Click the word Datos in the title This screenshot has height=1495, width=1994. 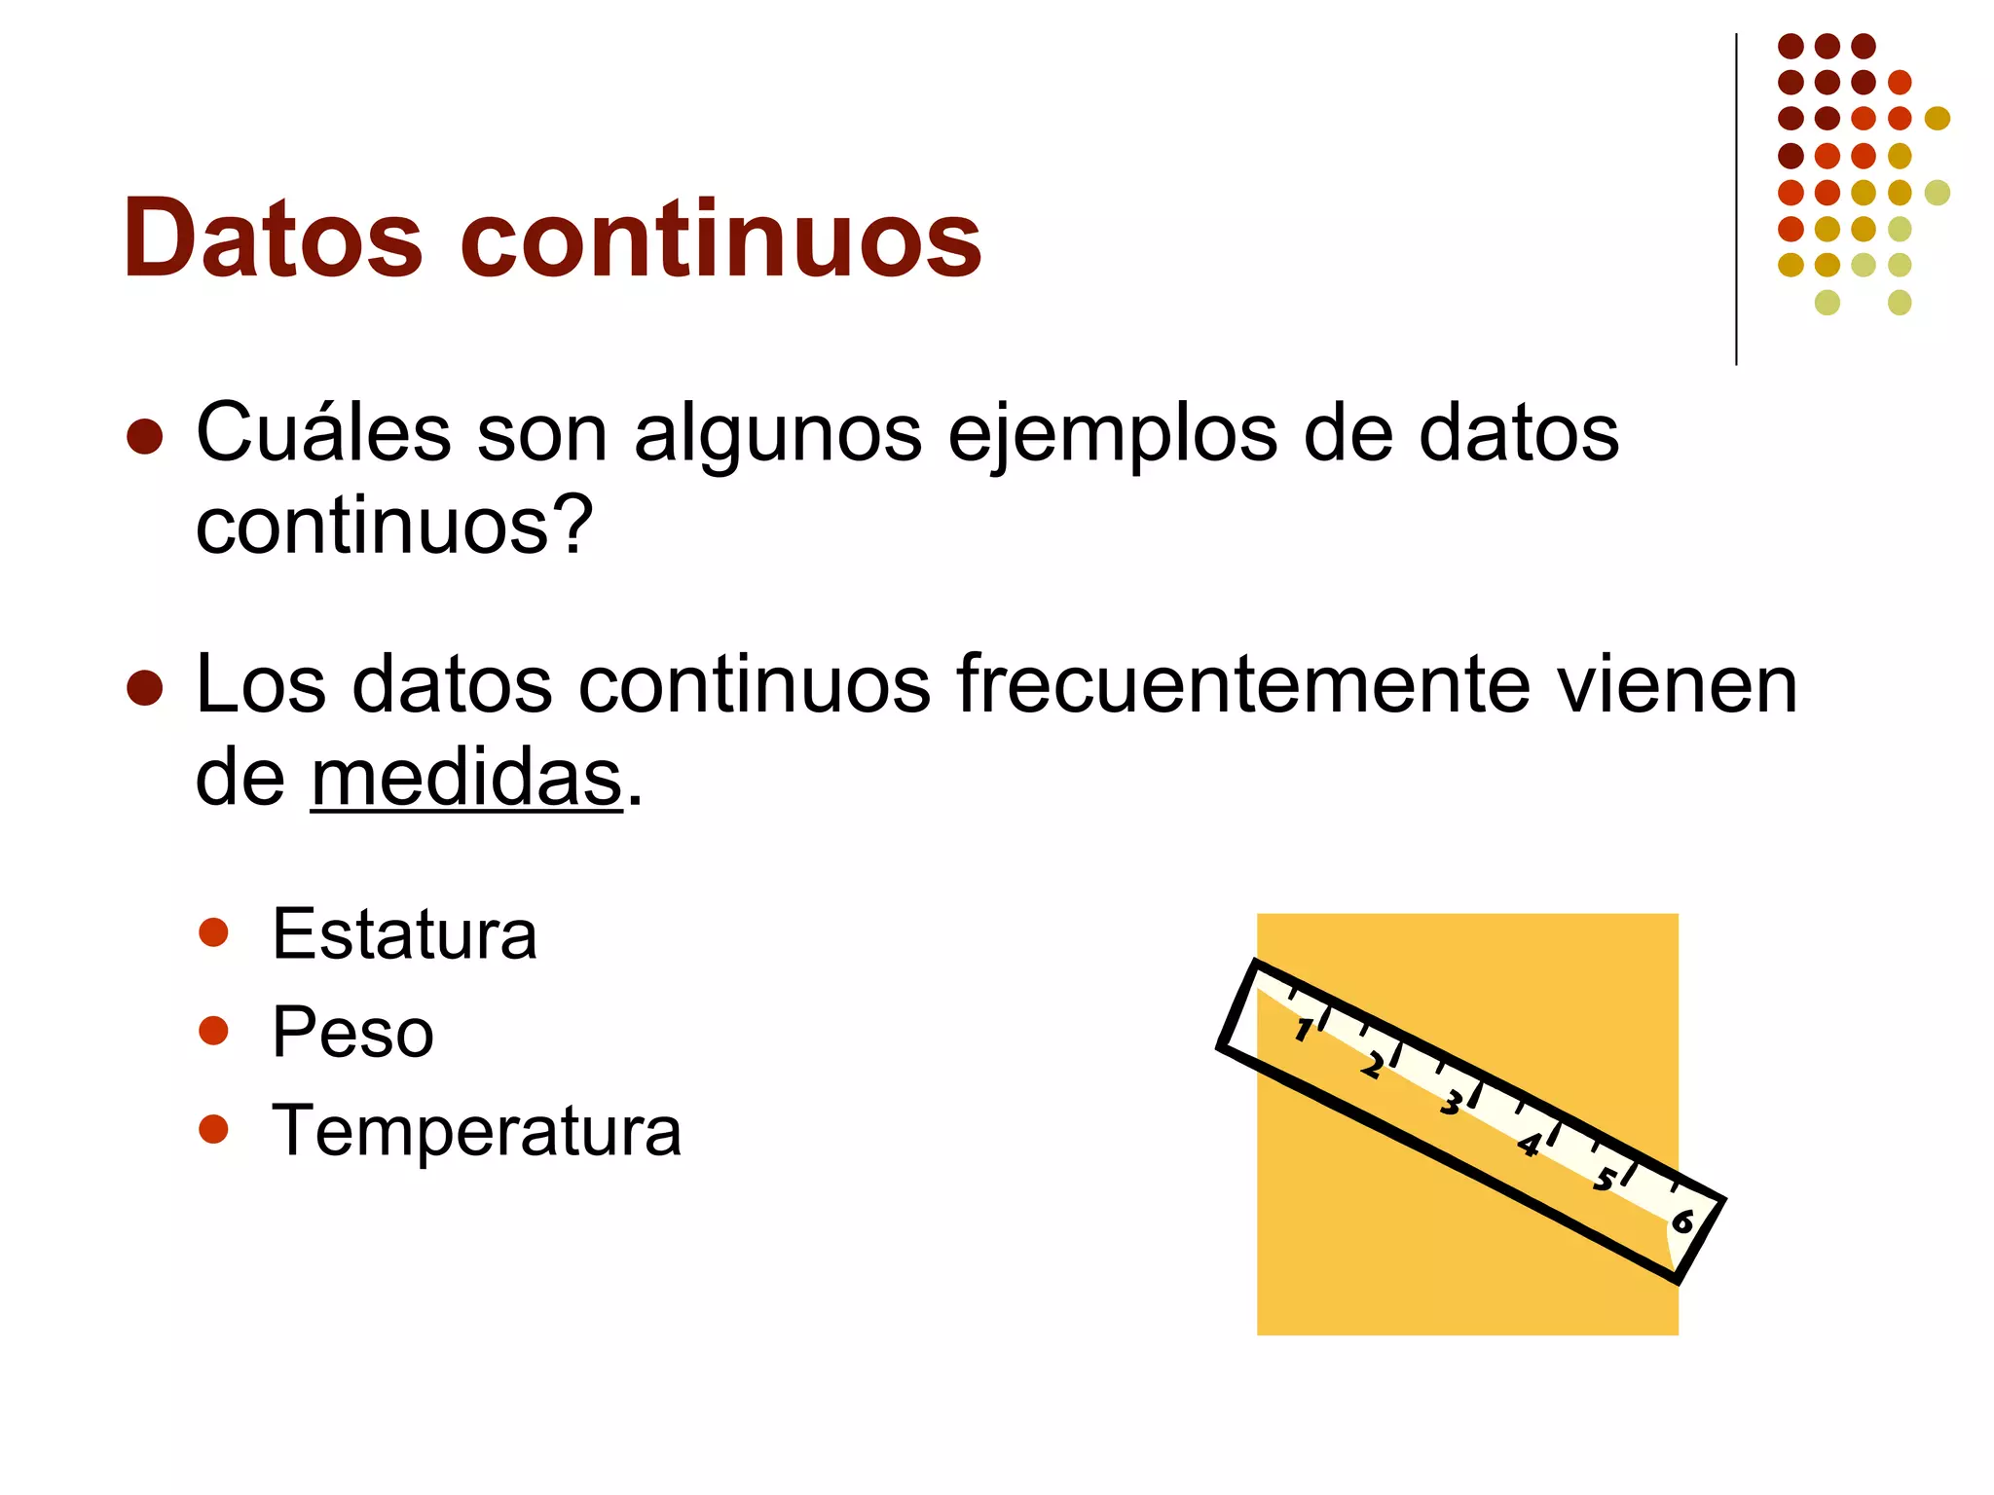[x=273, y=238]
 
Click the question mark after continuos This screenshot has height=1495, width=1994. [x=575, y=525]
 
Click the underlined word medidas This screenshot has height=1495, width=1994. [x=466, y=778]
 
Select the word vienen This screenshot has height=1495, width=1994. [x=1676, y=684]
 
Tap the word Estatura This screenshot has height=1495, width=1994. [x=404, y=934]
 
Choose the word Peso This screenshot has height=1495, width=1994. [x=352, y=1032]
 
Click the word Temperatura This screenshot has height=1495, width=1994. [x=476, y=1131]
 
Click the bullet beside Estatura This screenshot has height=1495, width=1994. [x=213, y=932]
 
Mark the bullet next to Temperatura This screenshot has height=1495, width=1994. [x=213, y=1129]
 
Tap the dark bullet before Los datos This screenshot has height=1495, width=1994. [x=144, y=687]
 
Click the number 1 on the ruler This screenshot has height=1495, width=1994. [x=1303, y=1029]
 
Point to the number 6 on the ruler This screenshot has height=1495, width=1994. [x=1682, y=1221]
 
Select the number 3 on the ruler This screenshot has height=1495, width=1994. [x=1451, y=1104]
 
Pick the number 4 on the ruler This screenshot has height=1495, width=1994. [x=1529, y=1144]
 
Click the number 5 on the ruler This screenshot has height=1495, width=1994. [x=1605, y=1181]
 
